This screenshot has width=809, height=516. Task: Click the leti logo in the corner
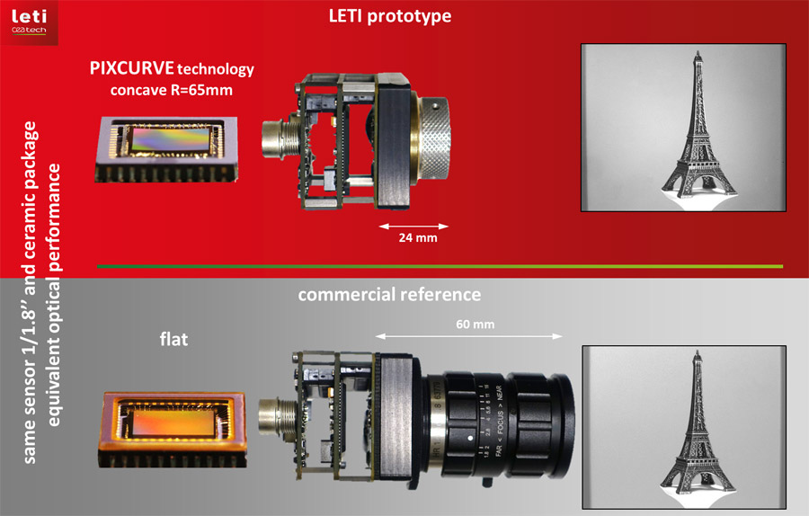(x=29, y=22)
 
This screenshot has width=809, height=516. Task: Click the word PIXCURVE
(x=131, y=68)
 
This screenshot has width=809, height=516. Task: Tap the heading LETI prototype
(x=390, y=16)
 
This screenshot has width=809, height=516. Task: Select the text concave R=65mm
(x=172, y=90)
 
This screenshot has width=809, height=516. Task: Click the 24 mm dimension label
(x=418, y=238)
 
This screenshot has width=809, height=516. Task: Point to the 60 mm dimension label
(x=476, y=325)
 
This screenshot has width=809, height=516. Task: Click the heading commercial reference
(x=389, y=295)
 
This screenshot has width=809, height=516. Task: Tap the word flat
(x=173, y=339)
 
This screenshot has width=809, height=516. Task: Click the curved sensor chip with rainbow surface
(x=166, y=148)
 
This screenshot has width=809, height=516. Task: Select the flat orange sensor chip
(x=173, y=430)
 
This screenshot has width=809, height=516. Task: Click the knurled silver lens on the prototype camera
(x=432, y=138)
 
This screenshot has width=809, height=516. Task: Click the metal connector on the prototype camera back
(x=280, y=138)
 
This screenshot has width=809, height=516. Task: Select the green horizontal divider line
(x=440, y=266)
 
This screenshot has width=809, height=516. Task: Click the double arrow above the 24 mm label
(x=413, y=226)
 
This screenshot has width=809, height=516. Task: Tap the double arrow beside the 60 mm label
(x=469, y=336)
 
